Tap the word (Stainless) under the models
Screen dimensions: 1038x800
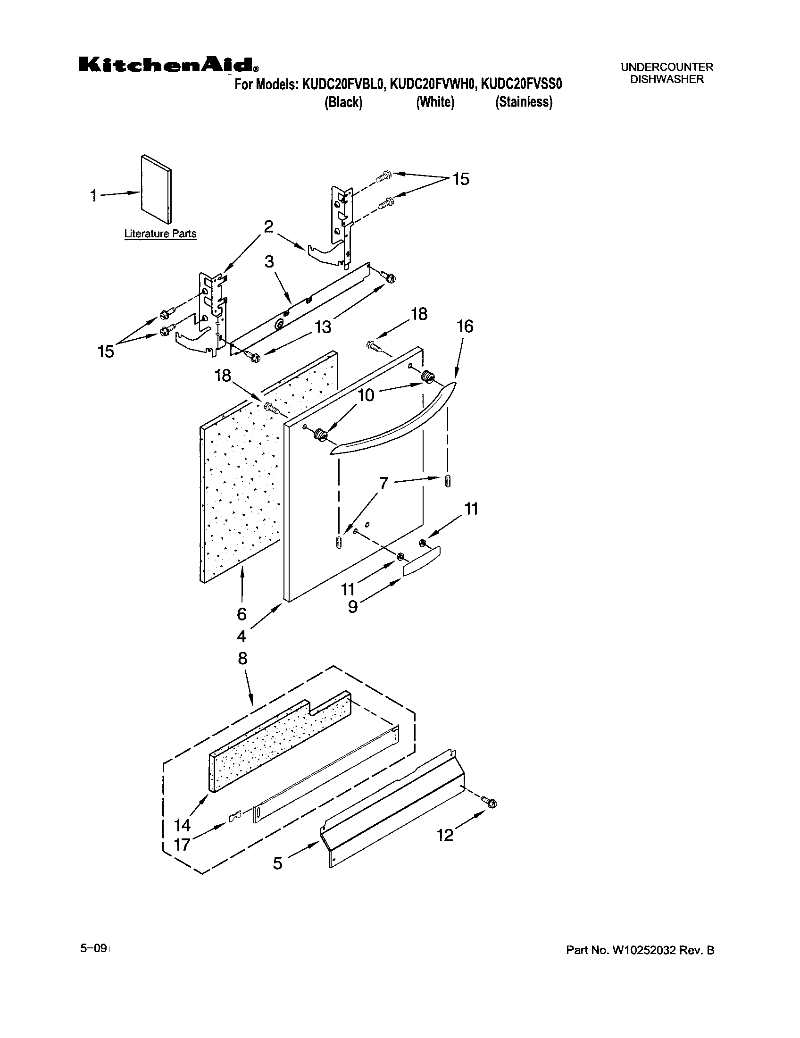524,102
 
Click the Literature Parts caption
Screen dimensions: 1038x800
160,234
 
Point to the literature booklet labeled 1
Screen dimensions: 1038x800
156,189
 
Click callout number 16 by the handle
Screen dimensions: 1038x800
465,326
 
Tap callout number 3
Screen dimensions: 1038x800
269,261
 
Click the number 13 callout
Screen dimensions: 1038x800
323,327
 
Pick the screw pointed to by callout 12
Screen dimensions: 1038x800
490,803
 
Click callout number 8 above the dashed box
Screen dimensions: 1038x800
242,659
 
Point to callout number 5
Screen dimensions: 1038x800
278,862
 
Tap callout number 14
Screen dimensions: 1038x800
182,825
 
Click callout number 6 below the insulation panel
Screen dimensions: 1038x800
242,614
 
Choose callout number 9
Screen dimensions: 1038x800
352,606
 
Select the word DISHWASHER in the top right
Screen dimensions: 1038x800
667,80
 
